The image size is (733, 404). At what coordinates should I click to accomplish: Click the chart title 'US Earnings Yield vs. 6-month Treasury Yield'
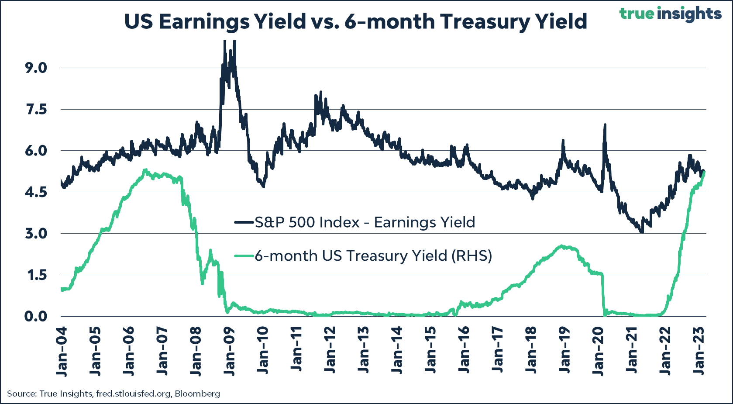(x=356, y=21)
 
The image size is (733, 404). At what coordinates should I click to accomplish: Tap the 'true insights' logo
(x=670, y=14)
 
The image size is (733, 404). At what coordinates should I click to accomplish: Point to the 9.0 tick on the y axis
(x=36, y=68)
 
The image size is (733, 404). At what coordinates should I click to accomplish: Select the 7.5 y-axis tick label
(x=36, y=110)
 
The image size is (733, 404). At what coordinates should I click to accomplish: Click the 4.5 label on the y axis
(x=36, y=192)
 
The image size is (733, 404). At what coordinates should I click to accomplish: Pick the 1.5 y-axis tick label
(x=36, y=275)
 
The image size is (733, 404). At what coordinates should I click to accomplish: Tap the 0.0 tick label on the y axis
(x=36, y=316)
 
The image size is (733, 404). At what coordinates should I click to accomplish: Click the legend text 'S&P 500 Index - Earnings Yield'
(x=365, y=222)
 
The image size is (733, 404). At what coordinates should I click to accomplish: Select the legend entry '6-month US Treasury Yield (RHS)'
(x=373, y=256)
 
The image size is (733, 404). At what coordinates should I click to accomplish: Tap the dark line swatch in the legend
(x=244, y=222)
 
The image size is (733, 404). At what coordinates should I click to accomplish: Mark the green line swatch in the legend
(x=244, y=256)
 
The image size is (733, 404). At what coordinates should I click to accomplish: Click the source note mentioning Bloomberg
(x=114, y=394)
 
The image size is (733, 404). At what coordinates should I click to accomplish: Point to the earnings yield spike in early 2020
(x=605, y=125)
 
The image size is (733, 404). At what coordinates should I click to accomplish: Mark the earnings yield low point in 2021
(x=641, y=231)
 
